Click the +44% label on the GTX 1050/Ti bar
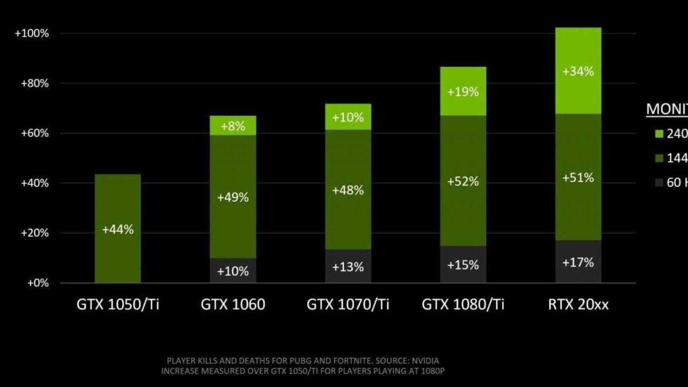(x=118, y=229)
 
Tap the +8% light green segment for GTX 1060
(x=233, y=125)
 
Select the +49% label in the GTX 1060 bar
(x=233, y=197)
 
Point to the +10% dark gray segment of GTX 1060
(x=233, y=271)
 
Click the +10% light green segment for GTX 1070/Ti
(x=348, y=117)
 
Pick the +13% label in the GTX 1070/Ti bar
(x=348, y=267)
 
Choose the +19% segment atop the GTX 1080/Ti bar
(x=463, y=91)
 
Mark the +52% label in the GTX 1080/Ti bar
(x=463, y=181)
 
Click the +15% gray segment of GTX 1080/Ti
(x=463, y=265)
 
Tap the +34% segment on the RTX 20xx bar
(x=578, y=72)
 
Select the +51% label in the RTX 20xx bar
(x=578, y=178)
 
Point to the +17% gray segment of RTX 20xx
(x=578, y=262)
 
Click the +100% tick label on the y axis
(x=32, y=33)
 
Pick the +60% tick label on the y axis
(x=34, y=134)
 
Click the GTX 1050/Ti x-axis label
(x=118, y=304)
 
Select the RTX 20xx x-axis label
(x=578, y=304)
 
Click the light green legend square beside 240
(x=659, y=134)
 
